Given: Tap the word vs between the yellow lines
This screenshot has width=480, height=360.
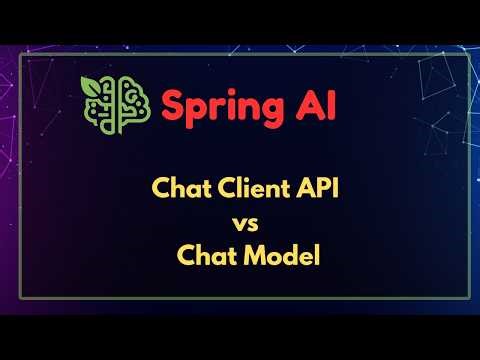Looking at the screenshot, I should point(240,221).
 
